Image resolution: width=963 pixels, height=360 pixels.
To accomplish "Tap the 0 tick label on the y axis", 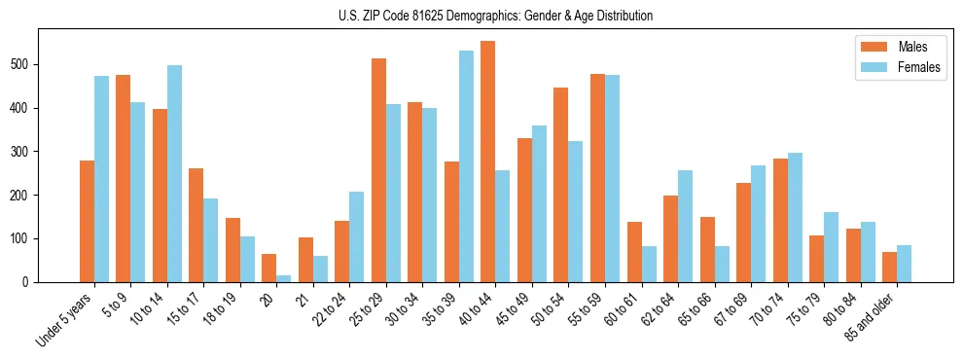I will pos(29,282).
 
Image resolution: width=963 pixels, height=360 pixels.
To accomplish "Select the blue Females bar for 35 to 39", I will pos(466,166).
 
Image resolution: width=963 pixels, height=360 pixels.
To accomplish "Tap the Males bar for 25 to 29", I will pos(378,170).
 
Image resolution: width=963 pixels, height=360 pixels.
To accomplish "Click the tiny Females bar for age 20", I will pos(283,278).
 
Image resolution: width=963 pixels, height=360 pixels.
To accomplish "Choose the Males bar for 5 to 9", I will pos(123,178).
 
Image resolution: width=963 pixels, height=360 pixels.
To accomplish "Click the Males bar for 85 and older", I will pos(889,267).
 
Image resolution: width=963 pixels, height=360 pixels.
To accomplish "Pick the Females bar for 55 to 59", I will pos(612,178).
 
